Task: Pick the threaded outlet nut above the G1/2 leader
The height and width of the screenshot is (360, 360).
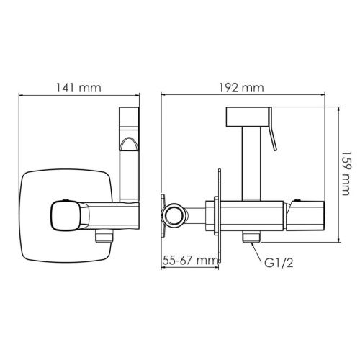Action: (x=251, y=236)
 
